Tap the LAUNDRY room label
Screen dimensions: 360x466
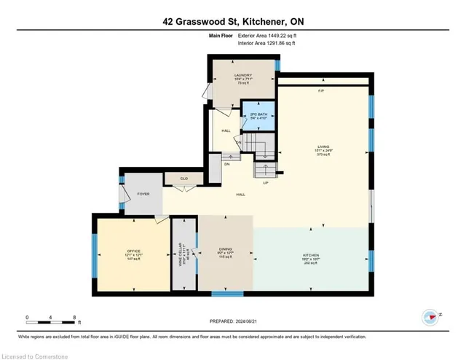(x=242, y=75)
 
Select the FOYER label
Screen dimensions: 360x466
(x=143, y=194)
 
